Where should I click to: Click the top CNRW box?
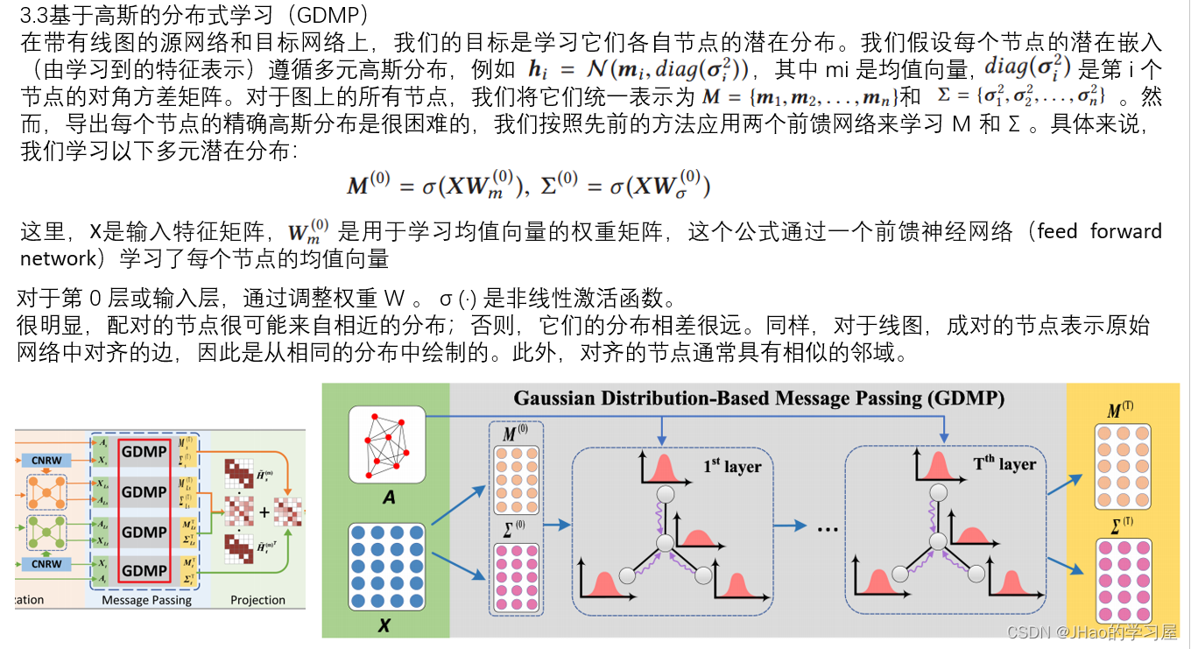46,460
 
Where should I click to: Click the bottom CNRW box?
46,564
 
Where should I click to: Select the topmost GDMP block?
144,453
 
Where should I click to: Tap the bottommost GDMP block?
144,571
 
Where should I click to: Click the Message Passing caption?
146,600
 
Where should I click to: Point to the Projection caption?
257,600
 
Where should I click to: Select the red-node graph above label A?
386,445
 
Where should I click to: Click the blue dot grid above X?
386,567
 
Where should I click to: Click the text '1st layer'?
731,466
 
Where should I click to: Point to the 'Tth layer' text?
1004,464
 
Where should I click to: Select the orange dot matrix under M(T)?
1122,467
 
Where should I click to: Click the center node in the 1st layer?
665,543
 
